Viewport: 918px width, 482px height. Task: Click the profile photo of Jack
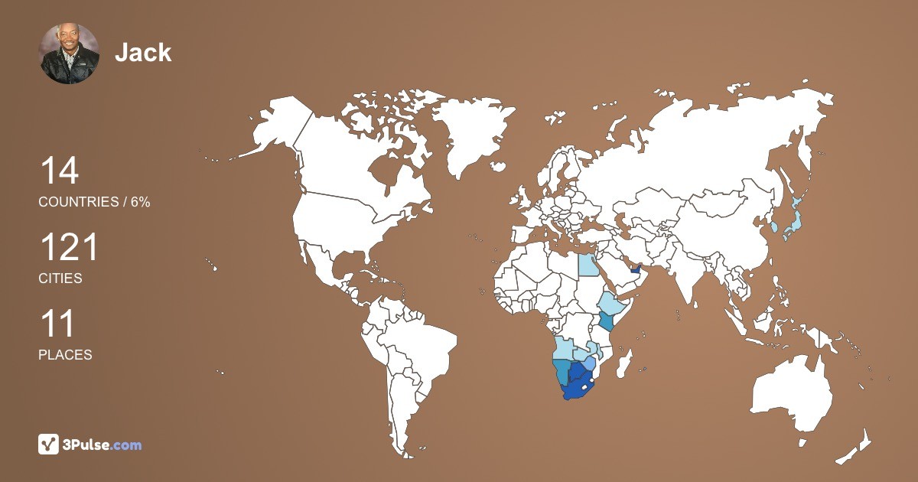[x=69, y=53]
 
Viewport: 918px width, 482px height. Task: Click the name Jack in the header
[x=143, y=52]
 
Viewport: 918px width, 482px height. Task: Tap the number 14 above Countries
[x=59, y=171]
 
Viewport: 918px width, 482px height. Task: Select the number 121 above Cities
[x=69, y=249]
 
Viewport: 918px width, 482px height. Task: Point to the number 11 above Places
[x=57, y=324]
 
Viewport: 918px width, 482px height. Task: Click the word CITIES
[x=60, y=278]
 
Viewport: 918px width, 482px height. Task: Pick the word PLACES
[x=65, y=355]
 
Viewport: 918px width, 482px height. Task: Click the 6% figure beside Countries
[x=140, y=202]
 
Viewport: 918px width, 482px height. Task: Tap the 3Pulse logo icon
[x=49, y=444]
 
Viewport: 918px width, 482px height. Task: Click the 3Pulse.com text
[x=103, y=445]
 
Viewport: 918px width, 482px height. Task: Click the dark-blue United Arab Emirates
[x=635, y=269]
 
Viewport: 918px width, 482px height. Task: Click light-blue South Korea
[x=774, y=226]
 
